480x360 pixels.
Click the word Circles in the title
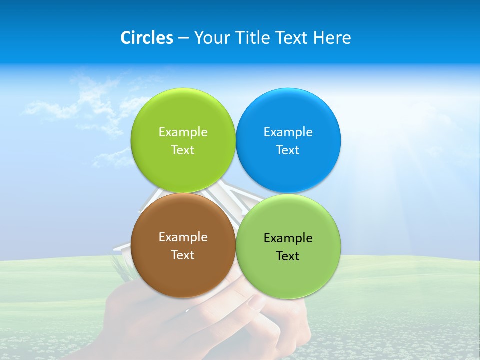(x=146, y=38)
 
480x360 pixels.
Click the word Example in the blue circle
(x=288, y=132)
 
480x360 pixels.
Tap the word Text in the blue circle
(x=288, y=150)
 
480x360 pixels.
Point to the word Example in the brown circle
(x=183, y=237)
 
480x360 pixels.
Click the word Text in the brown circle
(x=183, y=255)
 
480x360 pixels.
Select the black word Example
(x=288, y=238)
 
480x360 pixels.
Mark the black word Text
(x=288, y=256)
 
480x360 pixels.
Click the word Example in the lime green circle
(x=183, y=132)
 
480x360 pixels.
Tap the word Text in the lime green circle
(x=183, y=150)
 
